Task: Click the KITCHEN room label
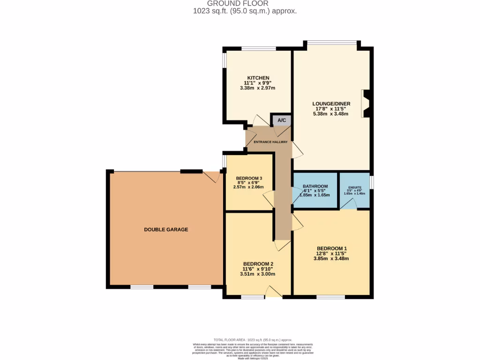(258, 78)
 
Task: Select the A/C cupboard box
(282, 120)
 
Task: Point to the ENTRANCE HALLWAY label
(270, 142)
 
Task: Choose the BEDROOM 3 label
(249, 178)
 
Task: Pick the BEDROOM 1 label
(332, 248)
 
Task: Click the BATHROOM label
(315, 186)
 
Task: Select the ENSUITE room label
(354, 187)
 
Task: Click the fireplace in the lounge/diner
(366, 104)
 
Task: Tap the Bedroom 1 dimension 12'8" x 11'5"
(332, 254)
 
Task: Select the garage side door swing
(211, 177)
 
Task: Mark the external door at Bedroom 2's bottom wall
(273, 293)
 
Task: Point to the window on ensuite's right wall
(371, 181)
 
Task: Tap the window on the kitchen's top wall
(258, 48)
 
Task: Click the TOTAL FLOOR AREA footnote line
(253, 339)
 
